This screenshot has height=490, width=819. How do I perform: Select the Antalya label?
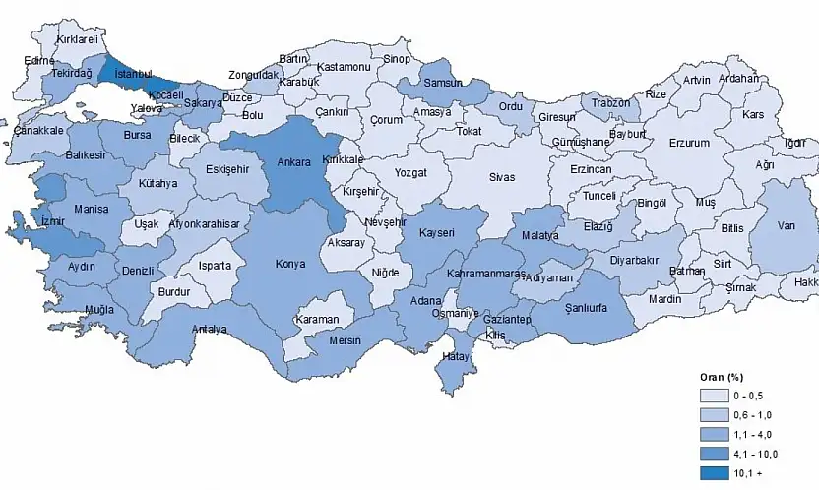[210, 330]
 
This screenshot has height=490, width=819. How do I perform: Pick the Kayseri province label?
[435, 233]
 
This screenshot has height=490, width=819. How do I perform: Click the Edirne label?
[39, 61]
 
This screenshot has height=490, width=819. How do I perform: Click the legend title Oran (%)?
[722, 378]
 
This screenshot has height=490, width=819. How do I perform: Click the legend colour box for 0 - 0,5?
[714, 396]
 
